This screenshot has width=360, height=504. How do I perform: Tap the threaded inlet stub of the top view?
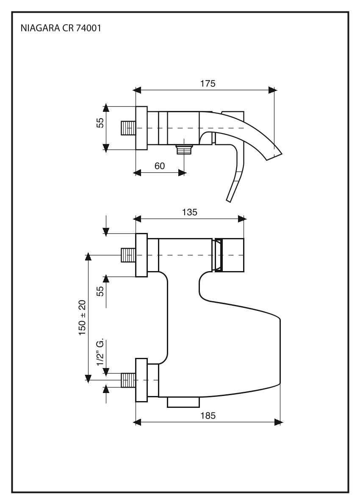click(128, 127)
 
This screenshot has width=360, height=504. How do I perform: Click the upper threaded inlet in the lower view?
click(128, 255)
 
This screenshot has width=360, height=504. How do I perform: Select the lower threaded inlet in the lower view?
click(128, 380)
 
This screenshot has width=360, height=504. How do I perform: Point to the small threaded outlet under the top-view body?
click(184, 149)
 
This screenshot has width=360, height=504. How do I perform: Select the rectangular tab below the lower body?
click(183, 402)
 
